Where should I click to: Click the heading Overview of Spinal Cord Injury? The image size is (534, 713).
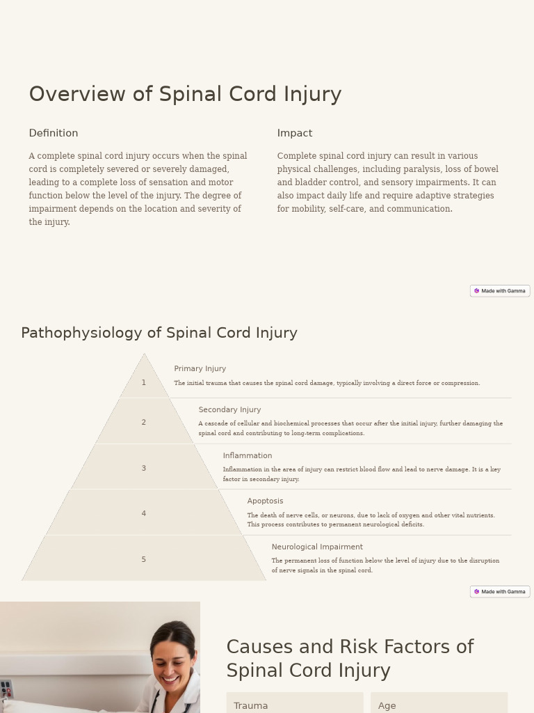[185, 94]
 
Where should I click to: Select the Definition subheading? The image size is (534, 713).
[54, 133]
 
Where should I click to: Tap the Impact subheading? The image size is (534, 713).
[295, 133]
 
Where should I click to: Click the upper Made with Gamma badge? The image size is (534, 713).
[500, 291]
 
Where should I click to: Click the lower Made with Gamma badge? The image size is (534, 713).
[500, 592]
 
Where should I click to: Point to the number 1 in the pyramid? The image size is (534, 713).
[144, 383]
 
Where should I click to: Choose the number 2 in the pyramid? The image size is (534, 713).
[144, 423]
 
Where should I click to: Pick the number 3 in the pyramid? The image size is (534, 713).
[144, 469]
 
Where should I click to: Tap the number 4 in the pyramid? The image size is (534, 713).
[144, 514]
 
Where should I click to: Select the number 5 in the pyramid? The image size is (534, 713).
[144, 560]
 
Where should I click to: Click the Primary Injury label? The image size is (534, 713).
[200, 369]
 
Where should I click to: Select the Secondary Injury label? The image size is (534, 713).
[229, 410]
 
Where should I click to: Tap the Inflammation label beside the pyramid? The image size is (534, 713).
[248, 456]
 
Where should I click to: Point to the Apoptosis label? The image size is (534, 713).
[265, 501]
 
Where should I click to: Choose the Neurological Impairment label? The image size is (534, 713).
[317, 547]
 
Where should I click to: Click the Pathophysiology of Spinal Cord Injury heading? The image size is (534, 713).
[159, 333]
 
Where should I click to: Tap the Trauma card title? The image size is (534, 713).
[251, 706]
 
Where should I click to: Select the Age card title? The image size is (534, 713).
[387, 706]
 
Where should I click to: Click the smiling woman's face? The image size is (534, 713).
[173, 661]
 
